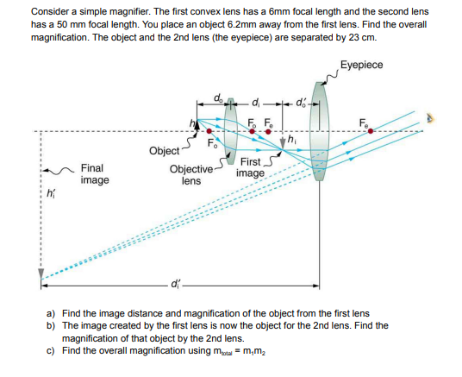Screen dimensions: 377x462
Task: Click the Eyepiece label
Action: click(x=362, y=65)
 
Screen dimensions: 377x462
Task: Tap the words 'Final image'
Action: click(x=94, y=175)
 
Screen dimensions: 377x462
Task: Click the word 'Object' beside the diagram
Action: click(x=164, y=151)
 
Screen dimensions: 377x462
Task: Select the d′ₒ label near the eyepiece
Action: click(x=302, y=107)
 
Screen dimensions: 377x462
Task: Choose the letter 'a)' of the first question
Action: click(x=51, y=313)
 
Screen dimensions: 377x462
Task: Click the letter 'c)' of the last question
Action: click(x=51, y=351)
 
